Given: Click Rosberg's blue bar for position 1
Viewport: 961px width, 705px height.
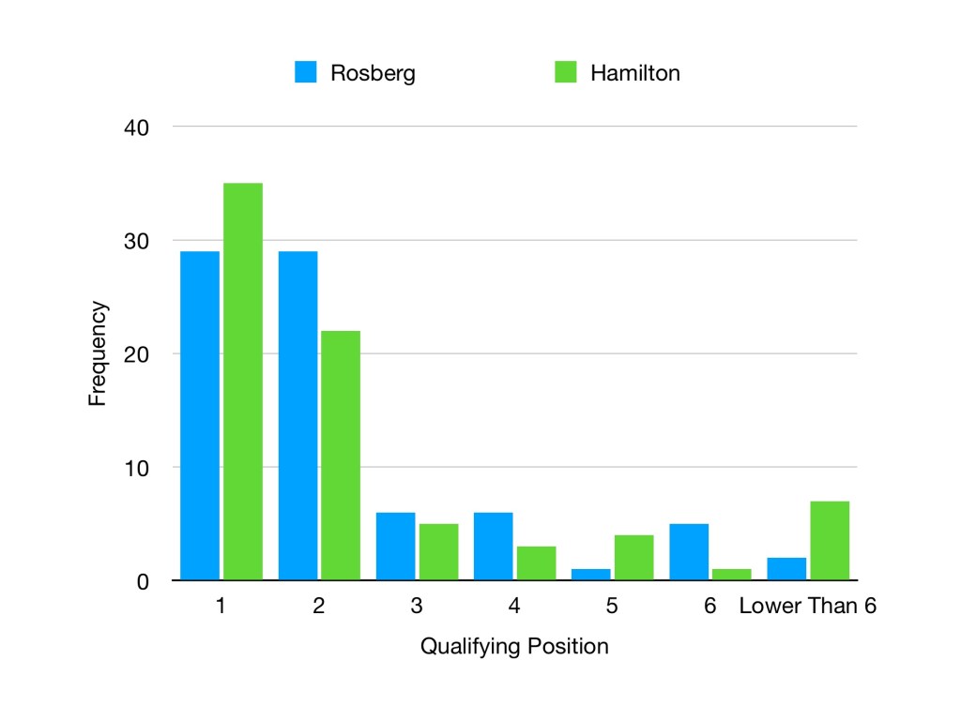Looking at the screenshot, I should [200, 416].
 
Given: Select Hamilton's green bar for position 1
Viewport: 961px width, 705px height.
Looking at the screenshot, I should [243, 382].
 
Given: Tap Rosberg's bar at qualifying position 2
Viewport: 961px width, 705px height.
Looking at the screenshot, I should [297, 416].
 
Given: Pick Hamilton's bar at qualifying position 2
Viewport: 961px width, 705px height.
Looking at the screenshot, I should [341, 456].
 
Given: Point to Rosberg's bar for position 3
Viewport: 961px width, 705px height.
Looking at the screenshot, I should [395, 547].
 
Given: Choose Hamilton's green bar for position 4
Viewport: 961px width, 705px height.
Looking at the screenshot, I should [536, 563].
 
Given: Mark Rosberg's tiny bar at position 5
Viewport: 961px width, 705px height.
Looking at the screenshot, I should [590, 575].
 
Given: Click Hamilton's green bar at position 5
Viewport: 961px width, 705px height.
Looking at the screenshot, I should [633, 558].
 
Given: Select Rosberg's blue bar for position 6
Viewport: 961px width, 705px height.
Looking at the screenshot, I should [688, 552].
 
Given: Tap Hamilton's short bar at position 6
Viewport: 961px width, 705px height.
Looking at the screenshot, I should [731, 575].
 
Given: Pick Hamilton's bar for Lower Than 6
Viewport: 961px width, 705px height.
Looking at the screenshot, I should [830, 541].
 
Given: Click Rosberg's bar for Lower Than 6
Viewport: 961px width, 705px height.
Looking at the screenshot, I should [786, 569].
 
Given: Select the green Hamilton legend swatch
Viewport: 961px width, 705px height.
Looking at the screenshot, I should [566, 72].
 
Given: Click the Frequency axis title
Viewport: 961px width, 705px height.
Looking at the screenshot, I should [98, 353].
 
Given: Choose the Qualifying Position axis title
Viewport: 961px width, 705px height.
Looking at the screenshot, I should [514, 647].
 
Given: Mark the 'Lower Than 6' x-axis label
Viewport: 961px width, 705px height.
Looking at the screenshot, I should [807, 607].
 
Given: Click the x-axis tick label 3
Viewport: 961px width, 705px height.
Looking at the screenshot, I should [416, 607].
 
